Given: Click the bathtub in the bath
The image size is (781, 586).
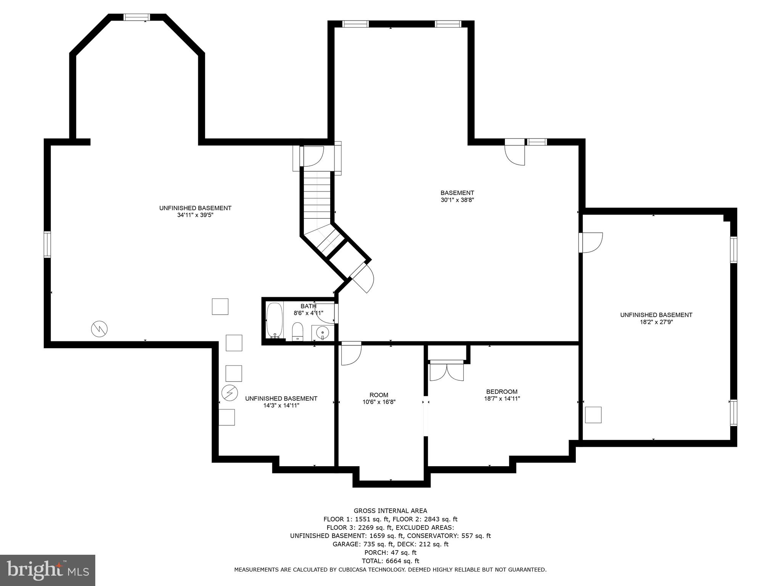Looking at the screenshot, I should (274, 320).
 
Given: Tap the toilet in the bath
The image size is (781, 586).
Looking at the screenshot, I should (297, 331).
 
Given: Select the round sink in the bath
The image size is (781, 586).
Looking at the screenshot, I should (323, 333).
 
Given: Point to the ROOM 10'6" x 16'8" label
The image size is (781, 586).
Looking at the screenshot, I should (379, 398).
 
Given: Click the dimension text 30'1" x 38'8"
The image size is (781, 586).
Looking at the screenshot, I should (457, 200).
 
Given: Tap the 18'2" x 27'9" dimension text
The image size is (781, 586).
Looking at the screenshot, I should (656, 322).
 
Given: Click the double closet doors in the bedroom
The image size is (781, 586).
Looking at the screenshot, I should (447, 372).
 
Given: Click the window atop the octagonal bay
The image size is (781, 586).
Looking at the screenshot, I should (137, 17).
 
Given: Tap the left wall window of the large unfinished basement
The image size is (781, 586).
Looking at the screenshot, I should (47, 244).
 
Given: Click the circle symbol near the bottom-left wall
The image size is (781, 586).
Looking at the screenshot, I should (99, 329).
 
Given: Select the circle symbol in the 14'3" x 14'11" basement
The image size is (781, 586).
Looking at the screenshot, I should (230, 393).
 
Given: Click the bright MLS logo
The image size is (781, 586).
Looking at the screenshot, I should (47, 570).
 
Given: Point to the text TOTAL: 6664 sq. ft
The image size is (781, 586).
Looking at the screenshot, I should (390, 561).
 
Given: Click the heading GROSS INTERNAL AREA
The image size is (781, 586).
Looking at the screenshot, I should (390, 511).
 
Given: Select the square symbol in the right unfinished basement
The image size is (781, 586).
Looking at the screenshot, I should (593, 415).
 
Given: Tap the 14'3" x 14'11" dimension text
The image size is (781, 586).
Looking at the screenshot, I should (281, 406).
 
